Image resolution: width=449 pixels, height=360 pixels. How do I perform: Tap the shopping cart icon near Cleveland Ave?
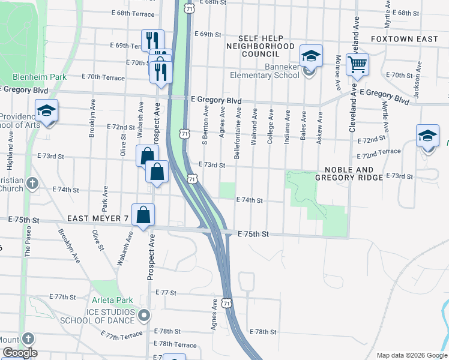[x=357, y=64]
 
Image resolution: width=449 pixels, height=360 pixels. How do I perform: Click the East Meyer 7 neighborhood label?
[x=98, y=218]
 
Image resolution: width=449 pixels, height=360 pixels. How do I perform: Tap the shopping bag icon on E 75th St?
[x=143, y=215]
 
